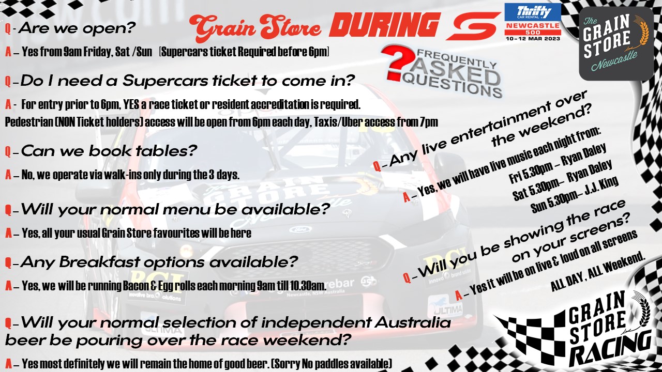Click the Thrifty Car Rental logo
coord(533,12)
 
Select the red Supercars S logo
coord(473,26)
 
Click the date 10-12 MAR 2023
coord(533,39)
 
